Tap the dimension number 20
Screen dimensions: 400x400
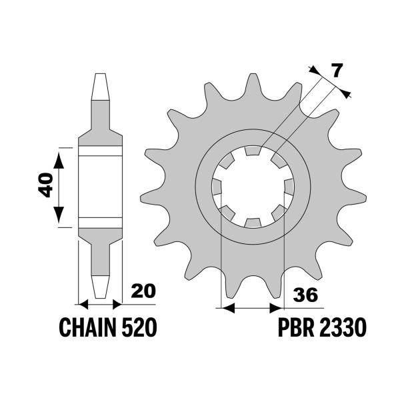coord(143,291)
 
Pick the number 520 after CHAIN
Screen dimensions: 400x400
coord(141,327)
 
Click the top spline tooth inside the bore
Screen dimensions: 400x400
coord(253,151)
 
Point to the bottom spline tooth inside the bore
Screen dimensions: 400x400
coord(253,223)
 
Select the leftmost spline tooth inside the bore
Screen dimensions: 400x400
coord(217,187)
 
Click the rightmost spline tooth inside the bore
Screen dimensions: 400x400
coord(289,187)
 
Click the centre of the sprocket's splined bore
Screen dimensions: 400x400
coord(253,187)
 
